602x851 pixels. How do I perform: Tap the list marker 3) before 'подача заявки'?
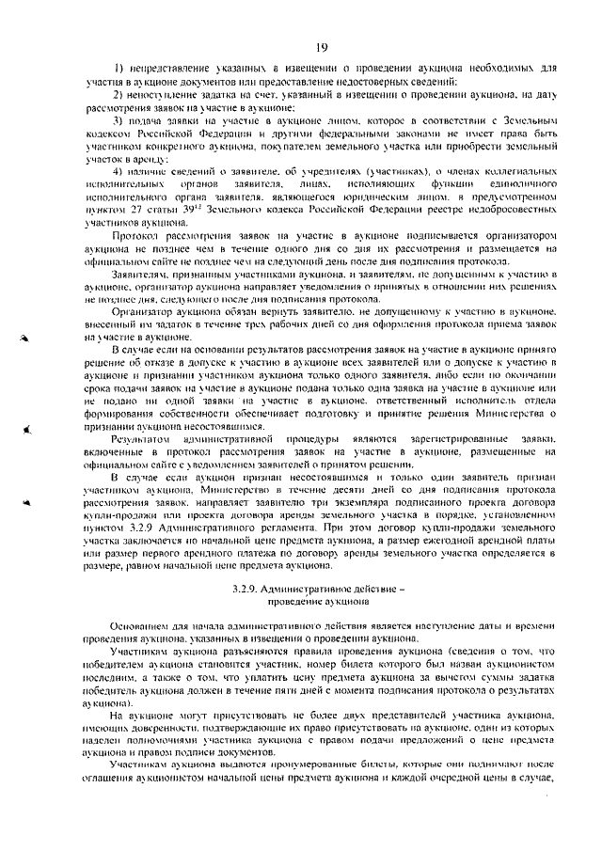coord(119,122)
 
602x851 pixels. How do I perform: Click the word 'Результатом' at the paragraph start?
coord(141,440)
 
